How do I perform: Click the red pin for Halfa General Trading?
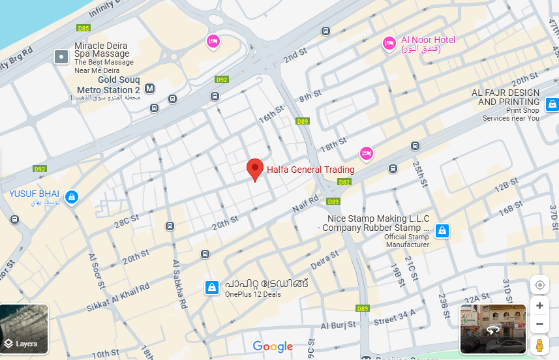(x=255, y=169)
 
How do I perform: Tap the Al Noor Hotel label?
(x=428, y=40)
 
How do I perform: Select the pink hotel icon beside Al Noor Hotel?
(x=389, y=43)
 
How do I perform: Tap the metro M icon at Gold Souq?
(x=150, y=89)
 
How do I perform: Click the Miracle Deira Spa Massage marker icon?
(x=61, y=57)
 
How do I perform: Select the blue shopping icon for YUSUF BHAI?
(x=72, y=196)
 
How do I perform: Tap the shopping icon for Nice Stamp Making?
(x=442, y=230)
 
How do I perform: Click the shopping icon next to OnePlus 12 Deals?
(x=211, y=287)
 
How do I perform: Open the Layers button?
(x=23, y=329)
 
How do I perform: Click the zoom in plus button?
(x=539, y=305)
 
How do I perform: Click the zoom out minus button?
(x=539, y=324)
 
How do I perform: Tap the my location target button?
(x=539, y=285)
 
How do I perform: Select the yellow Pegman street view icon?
(x=539, y=346)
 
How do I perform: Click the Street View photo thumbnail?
(x=492, y=329)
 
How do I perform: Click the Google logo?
(x=273, y=347)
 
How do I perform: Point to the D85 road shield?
(x=83, y=28)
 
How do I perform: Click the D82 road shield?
(x=344, y=182)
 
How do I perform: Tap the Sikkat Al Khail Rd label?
(x=118, y=297)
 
